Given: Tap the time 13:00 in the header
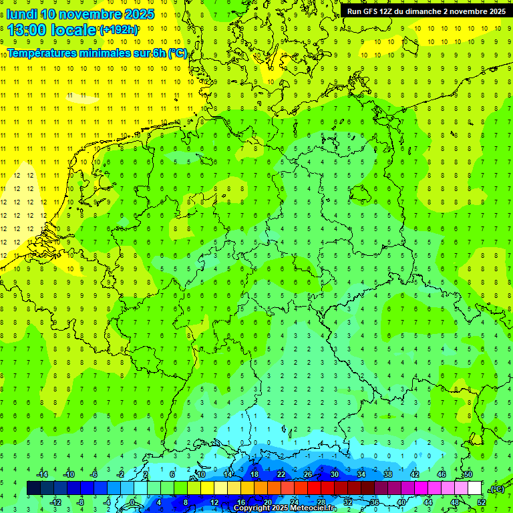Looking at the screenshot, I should click(27, 30).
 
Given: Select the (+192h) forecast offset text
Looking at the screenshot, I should click(119, 30).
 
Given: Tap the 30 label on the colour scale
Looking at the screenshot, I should click(335, 474).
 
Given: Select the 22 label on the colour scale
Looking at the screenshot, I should click(281, 474).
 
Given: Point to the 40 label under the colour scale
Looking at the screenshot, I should click(401, 502).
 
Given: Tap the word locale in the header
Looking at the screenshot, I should click(75, 30).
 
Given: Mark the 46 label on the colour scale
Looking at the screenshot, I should click(442, 474).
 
